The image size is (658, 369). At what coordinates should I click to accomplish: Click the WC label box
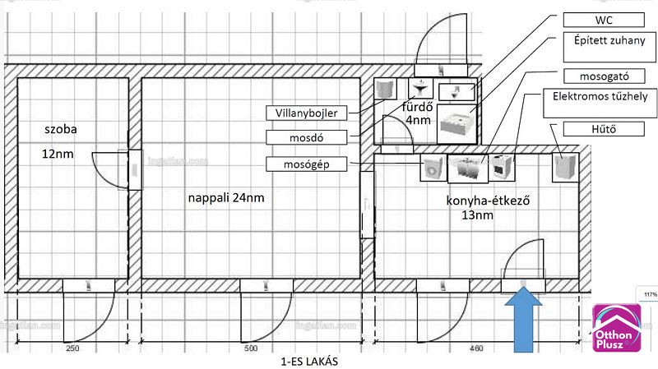pos(604,20)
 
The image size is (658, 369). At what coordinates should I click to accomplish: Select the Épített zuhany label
pos(609,47)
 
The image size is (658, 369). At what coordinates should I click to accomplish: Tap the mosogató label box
pos(604,76)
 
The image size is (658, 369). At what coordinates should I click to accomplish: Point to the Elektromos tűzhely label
pos(600,103)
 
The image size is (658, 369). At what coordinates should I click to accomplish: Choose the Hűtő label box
pos(604,129)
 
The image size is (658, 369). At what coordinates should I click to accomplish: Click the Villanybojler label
pos(306,113)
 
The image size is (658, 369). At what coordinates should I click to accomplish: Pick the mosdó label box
pos(306,137)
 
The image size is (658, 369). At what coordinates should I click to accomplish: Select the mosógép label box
pos(306,164)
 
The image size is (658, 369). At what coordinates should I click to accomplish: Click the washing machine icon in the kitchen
pos(433,168)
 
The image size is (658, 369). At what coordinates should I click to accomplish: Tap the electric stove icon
pos(501,168)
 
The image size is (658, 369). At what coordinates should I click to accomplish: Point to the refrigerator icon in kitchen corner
pos(565,168)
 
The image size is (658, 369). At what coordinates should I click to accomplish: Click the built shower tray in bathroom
pos(456,124)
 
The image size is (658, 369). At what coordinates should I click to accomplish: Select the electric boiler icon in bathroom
pos(385,89)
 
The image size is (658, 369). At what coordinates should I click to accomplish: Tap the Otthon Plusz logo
pos(616,327)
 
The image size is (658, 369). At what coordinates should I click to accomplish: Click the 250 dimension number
pos(72,348)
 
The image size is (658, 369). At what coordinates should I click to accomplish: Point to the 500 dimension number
pos(251,348)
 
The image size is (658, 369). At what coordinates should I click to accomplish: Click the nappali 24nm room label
pos(226,197)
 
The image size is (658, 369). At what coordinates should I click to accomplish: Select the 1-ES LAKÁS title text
pos(309,362)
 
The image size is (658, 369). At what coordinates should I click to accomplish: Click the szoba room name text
pos(61,129)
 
